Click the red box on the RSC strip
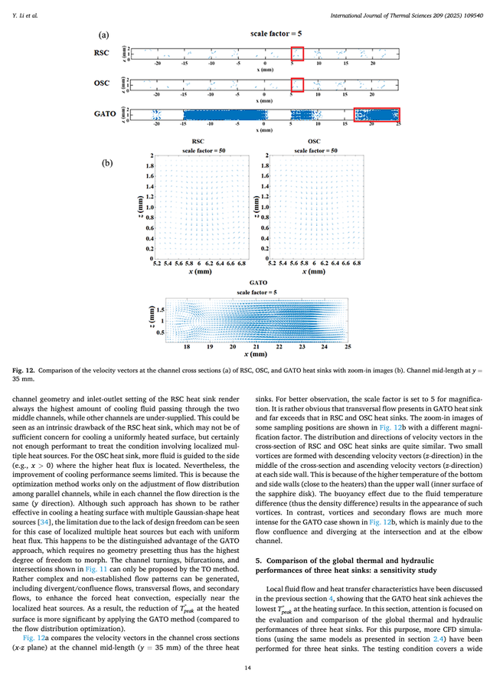[x=297, y=54]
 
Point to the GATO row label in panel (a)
[x=105, y=114]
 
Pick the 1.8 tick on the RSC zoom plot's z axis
[x=149, y=165]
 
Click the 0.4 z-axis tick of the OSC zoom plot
[x=266, y=238]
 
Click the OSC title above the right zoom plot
[x=313, y=142]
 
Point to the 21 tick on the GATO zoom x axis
[x=256, y=347]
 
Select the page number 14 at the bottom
[x=244, y=669]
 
